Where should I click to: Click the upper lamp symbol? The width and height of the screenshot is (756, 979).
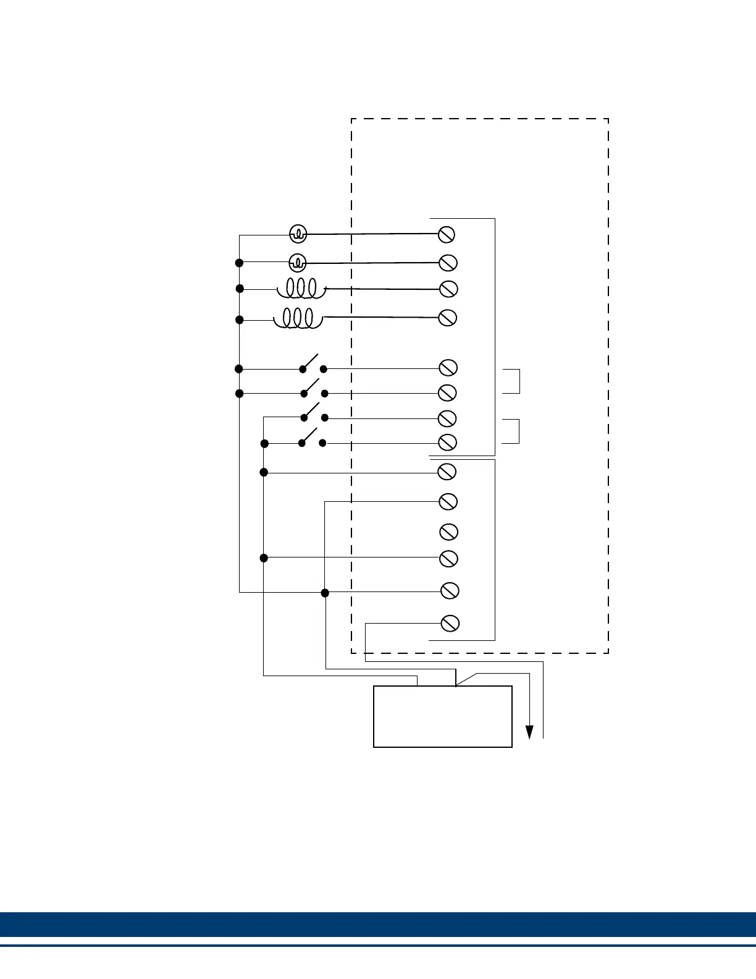click(x=298, y=234)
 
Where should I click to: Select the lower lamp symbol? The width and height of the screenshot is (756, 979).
click(x=298, y=263)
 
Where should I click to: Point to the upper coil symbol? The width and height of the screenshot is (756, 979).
click(x=301, y=288)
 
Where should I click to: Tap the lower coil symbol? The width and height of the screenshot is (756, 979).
click(x=298, y=318)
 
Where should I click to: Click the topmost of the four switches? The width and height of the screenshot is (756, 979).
click(x=313, y=365)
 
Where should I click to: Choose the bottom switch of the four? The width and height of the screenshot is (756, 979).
click(x=313, y=439)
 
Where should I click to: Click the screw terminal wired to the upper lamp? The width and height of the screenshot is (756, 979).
click(x=447, y=234)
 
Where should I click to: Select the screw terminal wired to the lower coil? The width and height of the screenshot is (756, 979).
click(x=447, y=318)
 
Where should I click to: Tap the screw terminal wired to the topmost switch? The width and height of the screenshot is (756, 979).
click(x=448, y=368)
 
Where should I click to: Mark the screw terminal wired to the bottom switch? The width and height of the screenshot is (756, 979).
click(x=447, y=443)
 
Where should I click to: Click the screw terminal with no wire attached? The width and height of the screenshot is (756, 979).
click(x=448, y=532)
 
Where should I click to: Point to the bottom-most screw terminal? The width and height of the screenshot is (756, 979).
click(x=450, y=623)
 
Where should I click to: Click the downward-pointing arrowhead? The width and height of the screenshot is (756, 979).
click(x=529, y=732)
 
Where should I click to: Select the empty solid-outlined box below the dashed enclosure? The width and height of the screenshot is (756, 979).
click(x=443, y=716)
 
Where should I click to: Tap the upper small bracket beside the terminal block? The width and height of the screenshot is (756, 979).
click(x=512, y=381)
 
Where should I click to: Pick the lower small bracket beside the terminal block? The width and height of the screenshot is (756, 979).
click(x=512, y=431)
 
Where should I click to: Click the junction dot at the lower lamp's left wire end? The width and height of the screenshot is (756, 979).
click(x=240, y=263)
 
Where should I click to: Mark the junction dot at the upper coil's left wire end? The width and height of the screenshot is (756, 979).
click(x=240, y=289)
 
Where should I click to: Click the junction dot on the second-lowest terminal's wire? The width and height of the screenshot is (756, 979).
click(x=325, y=593)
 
